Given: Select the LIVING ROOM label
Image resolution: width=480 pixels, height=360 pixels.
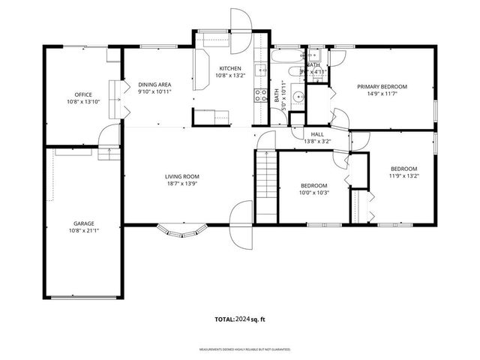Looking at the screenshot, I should (x=182, y=177).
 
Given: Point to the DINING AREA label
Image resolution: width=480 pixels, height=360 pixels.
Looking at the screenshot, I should (x=154, y=84).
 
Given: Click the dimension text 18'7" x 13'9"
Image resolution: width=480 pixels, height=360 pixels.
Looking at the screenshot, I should (x=182, y=184).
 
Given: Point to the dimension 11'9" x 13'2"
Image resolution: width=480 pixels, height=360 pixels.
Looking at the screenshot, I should (x=403, y=177).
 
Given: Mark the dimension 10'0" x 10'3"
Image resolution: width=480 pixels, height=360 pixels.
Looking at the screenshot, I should (x=314, y=193).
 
